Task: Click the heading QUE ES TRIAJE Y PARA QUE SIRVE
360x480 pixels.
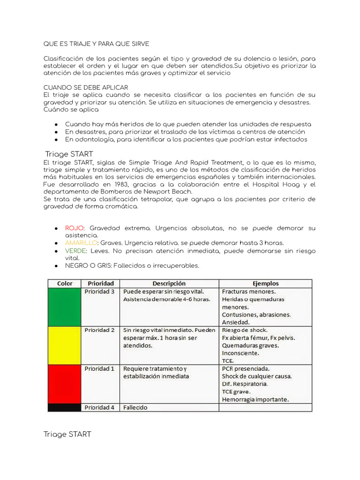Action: pos(96,44)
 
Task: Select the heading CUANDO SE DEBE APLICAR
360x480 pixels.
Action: pos(86,88)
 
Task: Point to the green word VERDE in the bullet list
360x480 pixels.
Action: pos(75,251)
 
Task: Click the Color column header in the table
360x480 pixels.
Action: pos(65,284)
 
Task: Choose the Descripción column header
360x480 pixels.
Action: pos(169,284)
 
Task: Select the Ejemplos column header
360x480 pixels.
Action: pos(265,284)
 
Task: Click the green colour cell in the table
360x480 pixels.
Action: pos(65,307)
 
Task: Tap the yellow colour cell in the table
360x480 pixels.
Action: pos(65,345)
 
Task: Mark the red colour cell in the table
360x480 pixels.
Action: pos(65,384)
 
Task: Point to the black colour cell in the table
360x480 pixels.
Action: pos(65,407)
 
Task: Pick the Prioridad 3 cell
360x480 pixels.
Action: pos(99,292)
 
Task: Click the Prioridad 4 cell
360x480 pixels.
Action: pos(99,407)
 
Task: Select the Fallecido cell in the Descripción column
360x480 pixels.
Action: pos(135,407)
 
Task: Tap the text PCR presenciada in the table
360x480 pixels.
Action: pos(245,368)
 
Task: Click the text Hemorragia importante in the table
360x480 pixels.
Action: pos(255,399)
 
